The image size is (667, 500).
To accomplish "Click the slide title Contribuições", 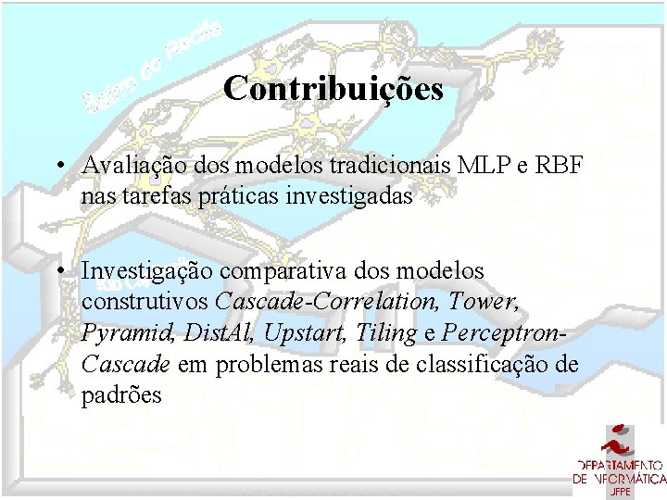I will point(333,90).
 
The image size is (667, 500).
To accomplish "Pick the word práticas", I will point(232,196).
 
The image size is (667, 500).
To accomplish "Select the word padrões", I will point(121,394).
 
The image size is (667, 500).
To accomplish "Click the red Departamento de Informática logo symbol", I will point(619,438).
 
